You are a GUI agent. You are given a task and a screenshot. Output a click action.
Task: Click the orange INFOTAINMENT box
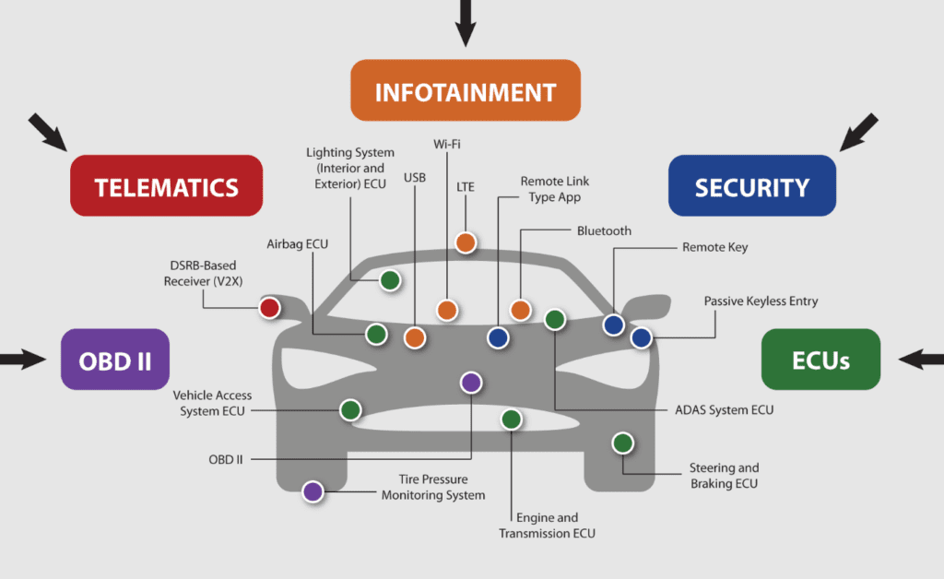(465, 91)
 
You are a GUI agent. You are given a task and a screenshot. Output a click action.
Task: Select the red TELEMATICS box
(166, 186)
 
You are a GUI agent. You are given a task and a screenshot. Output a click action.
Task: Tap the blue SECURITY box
(751, 186)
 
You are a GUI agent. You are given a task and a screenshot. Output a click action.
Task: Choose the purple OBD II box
(115, 360)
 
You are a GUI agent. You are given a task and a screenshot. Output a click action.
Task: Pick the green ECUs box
(820, 360)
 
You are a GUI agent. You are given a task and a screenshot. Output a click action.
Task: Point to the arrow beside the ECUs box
(919, 360)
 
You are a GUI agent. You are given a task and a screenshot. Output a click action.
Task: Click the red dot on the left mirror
(269, 308)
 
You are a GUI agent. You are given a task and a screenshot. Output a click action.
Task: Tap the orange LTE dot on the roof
(466, 243)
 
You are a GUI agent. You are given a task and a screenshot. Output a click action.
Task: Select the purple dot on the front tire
(313, 491)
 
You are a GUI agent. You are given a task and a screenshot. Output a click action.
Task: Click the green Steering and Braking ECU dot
(623, 443)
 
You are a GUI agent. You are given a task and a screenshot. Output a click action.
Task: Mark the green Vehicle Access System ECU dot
(349, 410)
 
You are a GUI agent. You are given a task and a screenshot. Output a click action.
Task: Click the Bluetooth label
(604, 230)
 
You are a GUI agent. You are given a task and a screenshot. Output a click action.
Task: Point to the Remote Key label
(714, 247)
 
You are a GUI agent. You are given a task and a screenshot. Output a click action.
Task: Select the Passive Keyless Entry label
(761, 301)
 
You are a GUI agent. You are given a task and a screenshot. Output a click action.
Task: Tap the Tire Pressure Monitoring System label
(433, 488)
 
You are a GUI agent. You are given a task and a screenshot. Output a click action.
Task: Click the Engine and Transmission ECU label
(547, 526)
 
